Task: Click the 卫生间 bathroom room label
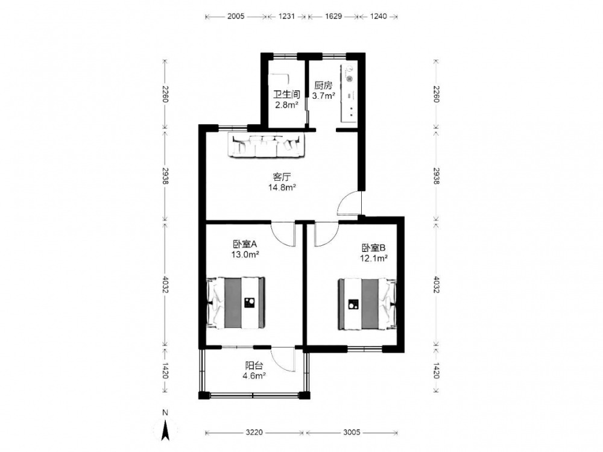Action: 286,94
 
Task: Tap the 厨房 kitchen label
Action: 323,86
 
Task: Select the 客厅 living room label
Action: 282,177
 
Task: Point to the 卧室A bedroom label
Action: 245,244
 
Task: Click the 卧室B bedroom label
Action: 373,248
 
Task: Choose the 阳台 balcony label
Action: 254,366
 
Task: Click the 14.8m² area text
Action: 282,187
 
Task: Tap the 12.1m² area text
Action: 373,259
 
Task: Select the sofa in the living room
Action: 267,145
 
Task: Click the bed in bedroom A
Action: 236,303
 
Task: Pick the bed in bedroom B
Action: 367,304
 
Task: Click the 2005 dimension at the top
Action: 236,16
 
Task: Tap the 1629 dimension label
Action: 333,16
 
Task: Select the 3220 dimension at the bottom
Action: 254,432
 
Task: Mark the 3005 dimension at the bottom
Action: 352,432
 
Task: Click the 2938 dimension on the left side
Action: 165,175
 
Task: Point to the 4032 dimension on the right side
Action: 436,284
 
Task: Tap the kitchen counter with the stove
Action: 349,94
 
